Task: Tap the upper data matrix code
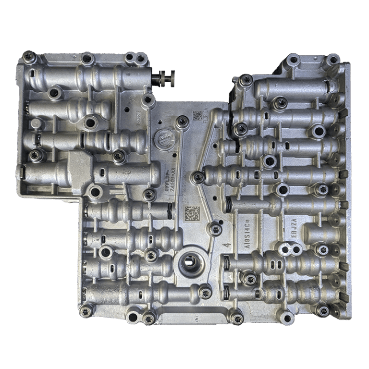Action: click(197, 116)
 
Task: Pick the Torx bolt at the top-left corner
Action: click(28, 57)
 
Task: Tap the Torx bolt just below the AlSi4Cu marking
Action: click(249, 278)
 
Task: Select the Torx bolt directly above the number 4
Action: click(216, 229)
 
